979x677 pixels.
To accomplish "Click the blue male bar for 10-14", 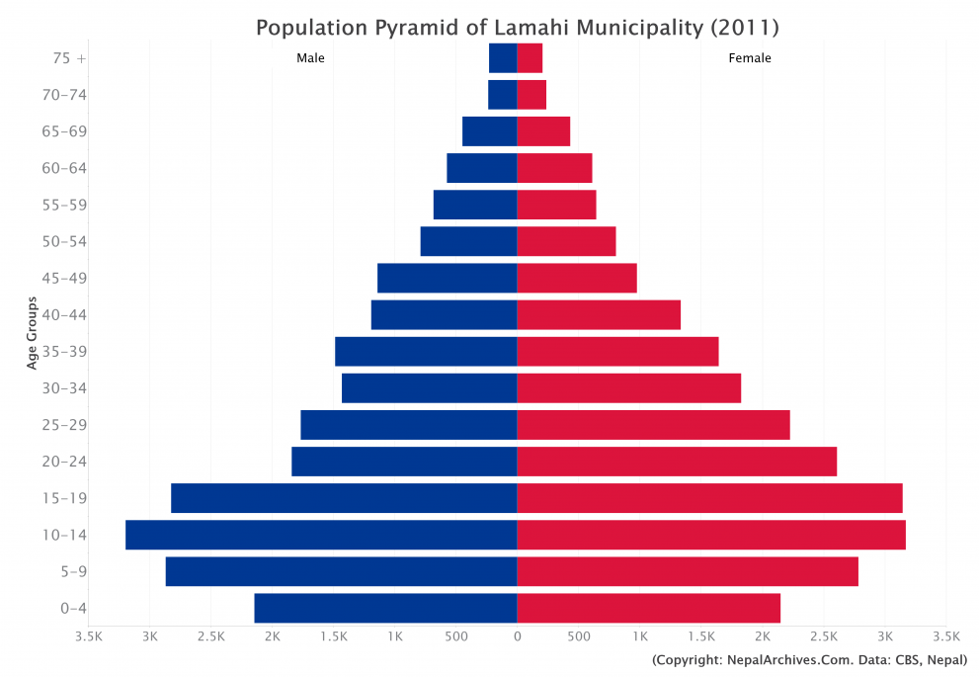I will pos(321,535).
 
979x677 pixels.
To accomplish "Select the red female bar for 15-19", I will pos(709,498).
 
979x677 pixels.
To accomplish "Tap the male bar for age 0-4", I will pos(385,608).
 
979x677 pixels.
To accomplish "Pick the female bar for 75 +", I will pos(530,58).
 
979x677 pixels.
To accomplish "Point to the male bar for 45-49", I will pos(447,278).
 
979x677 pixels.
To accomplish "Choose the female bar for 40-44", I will pos(599,314).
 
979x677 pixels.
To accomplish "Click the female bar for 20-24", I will pos(677,462).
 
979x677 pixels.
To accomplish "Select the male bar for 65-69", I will pos(489,131).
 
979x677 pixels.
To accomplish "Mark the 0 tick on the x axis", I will pos(517,637).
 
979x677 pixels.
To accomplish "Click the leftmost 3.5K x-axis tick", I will pos(89,637).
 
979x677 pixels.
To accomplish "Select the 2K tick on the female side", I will pos(763,637).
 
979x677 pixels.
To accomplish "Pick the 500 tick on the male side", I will pos(455,637).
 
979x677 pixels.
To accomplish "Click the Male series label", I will pos(310,58).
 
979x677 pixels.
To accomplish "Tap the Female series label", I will pos(750,58).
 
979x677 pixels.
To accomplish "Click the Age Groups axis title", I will pos(32,333).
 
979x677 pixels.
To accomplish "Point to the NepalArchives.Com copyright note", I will pos(809,659).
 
